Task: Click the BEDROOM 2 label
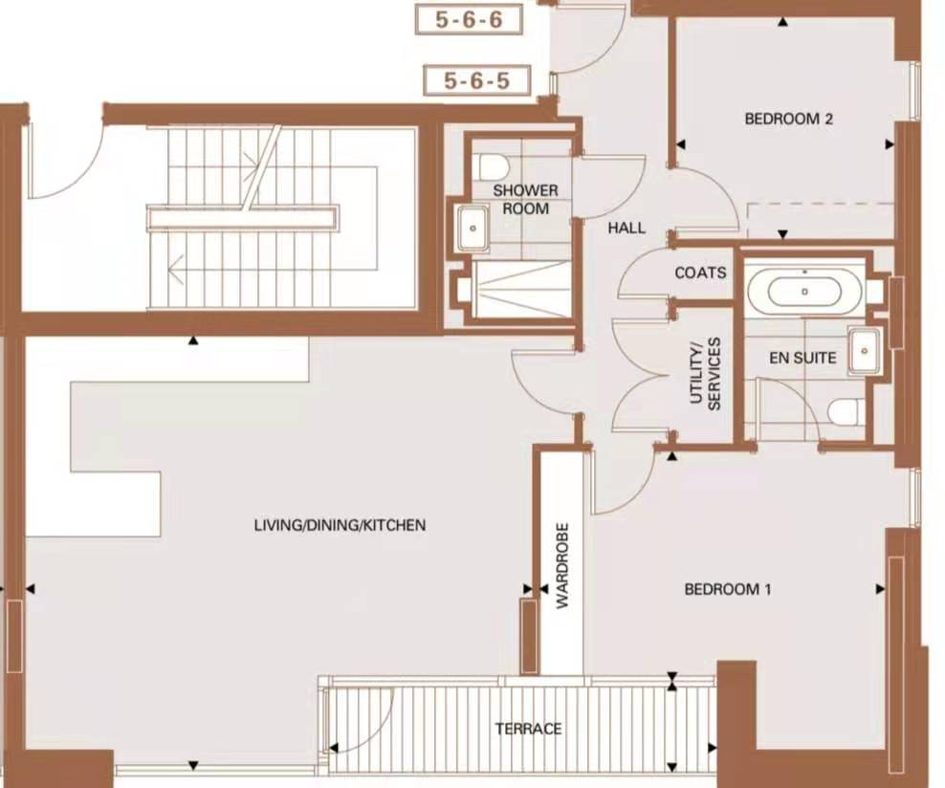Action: click(788, 120)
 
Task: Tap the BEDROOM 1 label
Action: click(727, 589)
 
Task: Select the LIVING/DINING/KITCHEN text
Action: click(340, 525)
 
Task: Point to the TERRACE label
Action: click(528, 729)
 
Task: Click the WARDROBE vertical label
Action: click(562, 565)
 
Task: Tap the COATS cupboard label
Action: click(700, 273)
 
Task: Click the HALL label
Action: click(626, 229)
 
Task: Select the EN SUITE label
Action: click(802, 359)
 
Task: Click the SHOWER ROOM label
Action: click(525, 199)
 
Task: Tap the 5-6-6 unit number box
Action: click(468, 19)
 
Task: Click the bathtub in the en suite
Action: click(803, 290)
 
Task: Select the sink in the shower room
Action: click(472, 229)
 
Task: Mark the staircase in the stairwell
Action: click(244, 218)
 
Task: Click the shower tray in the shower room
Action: click(521, 289)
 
